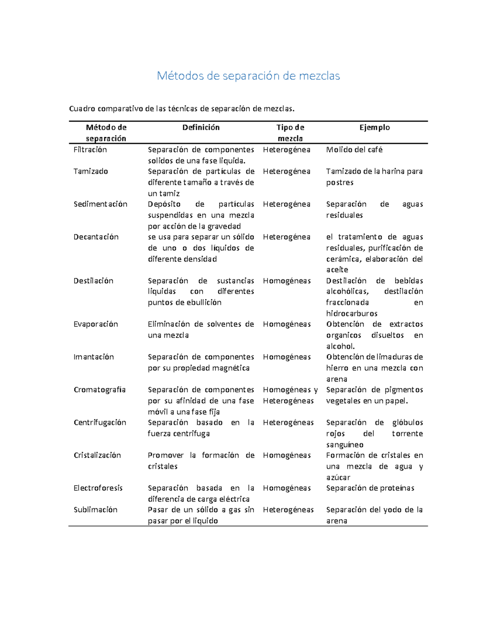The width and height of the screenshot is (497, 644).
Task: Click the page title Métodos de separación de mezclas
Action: (x=248, y=76)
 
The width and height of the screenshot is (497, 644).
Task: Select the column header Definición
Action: (x=201, y=128)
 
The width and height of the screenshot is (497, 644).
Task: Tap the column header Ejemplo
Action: (x=374, y=128)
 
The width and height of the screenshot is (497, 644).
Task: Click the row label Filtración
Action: (x=90, y=150)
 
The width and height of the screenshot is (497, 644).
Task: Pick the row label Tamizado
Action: (x=91, y=171)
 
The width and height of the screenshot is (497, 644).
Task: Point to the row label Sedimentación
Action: (x=100, y=204)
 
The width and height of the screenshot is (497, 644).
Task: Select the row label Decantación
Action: (x=96, y=237)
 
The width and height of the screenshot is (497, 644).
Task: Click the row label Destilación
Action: (x=93, y=281)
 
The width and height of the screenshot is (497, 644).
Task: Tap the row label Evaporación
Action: (x=96, y=324)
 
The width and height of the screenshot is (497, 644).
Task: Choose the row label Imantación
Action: (x=94, y=357)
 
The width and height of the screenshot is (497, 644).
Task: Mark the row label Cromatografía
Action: (x=99, y=390)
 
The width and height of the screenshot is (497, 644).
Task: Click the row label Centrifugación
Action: (x=100, y=423)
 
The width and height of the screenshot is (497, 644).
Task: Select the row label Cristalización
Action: (x=97, y=455)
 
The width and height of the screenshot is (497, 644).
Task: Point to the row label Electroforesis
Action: (x=98, y=488)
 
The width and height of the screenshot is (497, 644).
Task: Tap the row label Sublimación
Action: (x=95, y=510)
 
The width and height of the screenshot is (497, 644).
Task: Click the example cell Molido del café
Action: (x=354, y=150)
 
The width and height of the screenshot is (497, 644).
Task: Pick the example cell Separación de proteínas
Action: (x=370, y=488)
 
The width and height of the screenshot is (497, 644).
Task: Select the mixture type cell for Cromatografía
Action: (x=290, y=395)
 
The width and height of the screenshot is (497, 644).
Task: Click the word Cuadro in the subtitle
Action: (x=82, y=109)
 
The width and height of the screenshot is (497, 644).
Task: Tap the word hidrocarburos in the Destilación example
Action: (x=352, y=313)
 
